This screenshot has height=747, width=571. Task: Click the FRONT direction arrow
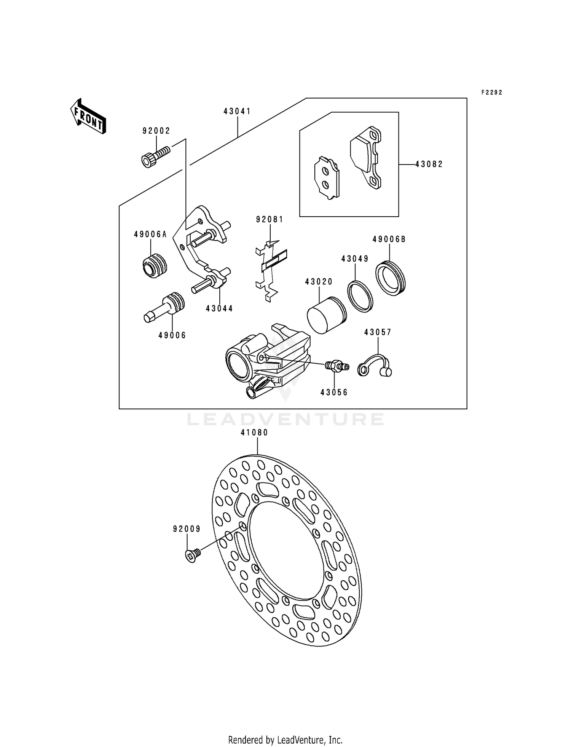pyautogui.click(x=88, y=117)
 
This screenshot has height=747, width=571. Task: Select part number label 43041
pyautogui.click(x=237, y=111)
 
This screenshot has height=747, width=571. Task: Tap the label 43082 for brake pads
pyautogui.click(x=429, y=164)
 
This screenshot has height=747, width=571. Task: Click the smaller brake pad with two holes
pyautogui.click(x=326, y=177)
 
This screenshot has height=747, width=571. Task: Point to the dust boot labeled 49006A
pyautogui.click(x=155, y=265)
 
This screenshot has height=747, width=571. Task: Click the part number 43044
pyautogui.click(x=219, y=308)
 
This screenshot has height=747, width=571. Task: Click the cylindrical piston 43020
pyautogui.click(x=326, y=314)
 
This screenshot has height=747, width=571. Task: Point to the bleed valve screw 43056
pyautogui.click(x=336, y=367)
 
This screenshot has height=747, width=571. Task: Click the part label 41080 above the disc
pyautogui.click(x=254, y=433)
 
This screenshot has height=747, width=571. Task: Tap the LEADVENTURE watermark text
pyautogui.click(x=285, y=420)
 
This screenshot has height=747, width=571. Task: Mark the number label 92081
pyautogui.click(x=270, y=219)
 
